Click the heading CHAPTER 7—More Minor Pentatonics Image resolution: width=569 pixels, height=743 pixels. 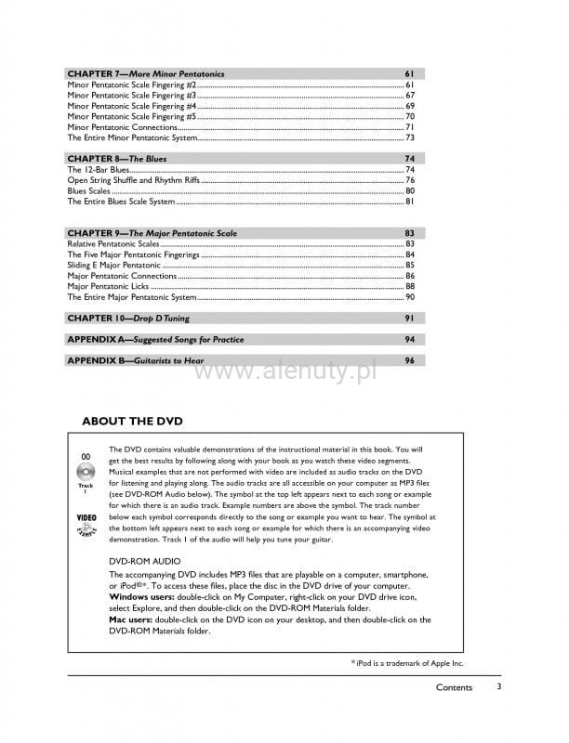(x=145, y=73)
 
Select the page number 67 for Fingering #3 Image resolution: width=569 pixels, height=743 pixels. (x=409, y=96)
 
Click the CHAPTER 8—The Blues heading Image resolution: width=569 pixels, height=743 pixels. (x=117, y=159)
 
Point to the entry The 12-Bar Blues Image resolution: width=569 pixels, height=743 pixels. (x=99, y=170)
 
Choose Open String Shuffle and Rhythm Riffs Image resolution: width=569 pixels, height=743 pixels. (x=134, y=180)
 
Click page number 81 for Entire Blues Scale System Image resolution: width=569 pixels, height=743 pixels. (x=409, y=202)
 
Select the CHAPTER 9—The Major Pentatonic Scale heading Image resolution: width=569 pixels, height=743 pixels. (x=152, y=233)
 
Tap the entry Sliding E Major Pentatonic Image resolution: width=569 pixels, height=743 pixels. (x=114, y=265)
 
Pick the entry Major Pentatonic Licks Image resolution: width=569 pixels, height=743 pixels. (x=108, y=287)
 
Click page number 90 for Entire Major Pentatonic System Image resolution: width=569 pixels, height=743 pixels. (x=409, y=297)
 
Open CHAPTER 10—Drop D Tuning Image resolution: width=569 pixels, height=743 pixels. (x=128, y=319)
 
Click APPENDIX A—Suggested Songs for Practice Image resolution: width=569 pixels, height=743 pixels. (x=155, y=340)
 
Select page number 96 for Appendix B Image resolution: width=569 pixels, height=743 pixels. (x=409, y=360)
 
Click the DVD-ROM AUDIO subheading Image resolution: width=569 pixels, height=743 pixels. (x=144, y=562)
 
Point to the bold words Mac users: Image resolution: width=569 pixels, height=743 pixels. (x=131, y=619)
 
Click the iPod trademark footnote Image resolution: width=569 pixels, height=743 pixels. (x=406, y=662)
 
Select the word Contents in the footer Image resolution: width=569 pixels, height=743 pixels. (x=454, y=687)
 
